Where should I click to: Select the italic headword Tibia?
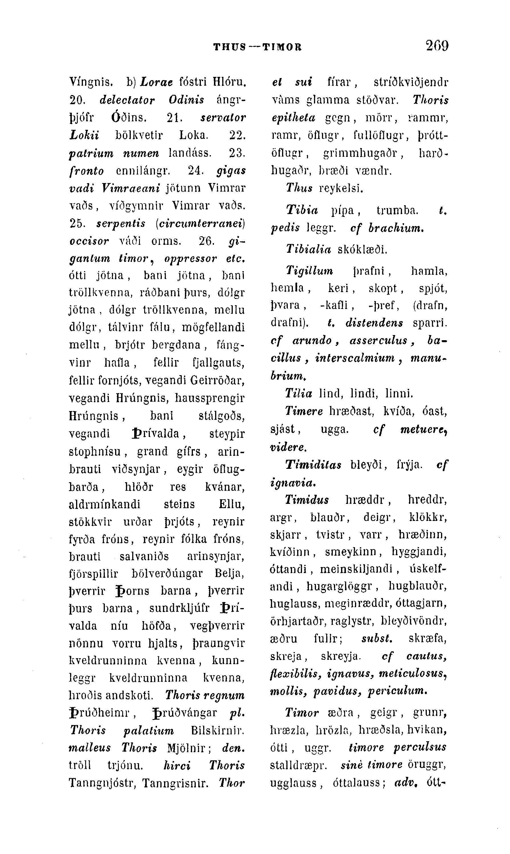pos(302,210)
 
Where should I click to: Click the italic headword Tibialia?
pos(308,249)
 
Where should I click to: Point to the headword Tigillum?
pos(310,271)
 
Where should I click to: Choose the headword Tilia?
pos(299,393)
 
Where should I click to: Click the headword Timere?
pos(304,411)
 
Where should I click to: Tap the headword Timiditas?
pos(313,465)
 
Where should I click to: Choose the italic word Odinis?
pos(186,100)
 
